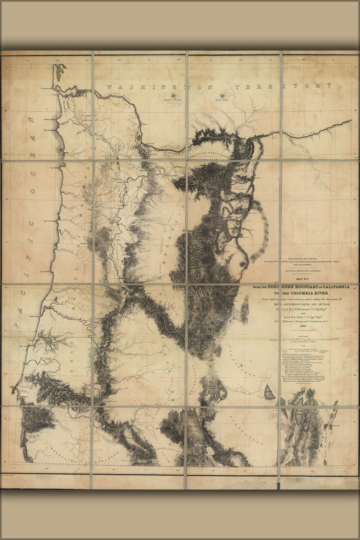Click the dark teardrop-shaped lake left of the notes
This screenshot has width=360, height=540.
(x=269, y=393)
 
